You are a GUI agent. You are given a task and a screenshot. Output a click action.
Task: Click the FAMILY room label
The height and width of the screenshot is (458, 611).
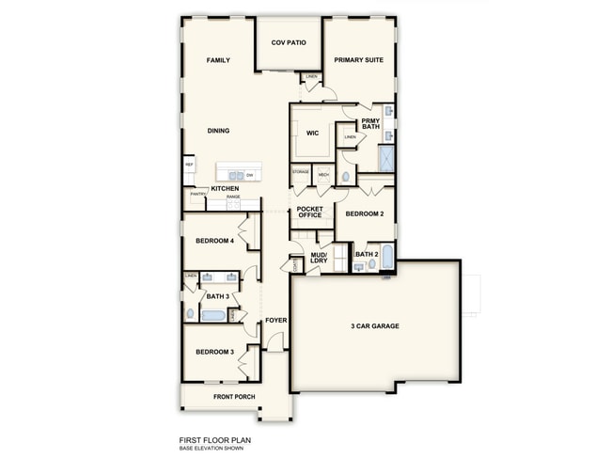click(218, 60)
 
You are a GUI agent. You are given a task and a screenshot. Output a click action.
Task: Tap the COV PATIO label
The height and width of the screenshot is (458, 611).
click(289, 43)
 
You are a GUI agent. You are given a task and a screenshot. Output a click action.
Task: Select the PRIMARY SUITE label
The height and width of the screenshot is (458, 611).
click(358, 60)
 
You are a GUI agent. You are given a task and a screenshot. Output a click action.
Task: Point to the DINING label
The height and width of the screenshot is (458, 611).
click(218, 131)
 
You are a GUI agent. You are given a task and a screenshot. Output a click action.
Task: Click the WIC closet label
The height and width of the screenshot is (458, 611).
click(312, 133)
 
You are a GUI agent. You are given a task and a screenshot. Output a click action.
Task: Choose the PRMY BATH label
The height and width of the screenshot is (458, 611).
click(370, 123)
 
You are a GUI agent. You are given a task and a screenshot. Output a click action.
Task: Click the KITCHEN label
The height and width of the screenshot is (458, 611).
click(225, 189)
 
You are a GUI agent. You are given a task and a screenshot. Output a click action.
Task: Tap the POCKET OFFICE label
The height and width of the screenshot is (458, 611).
click(309, 212)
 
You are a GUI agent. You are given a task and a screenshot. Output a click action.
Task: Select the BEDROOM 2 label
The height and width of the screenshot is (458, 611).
click(364, 213)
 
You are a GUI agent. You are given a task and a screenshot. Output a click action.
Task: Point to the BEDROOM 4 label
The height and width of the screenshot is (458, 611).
click(214, 242)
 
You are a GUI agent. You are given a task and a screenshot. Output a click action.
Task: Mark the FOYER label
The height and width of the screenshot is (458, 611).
click(275, 320)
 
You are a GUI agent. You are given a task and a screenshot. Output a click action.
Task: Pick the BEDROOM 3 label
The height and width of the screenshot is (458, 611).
click(214, 352)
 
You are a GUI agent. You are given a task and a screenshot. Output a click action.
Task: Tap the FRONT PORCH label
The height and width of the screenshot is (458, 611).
click(234, 397)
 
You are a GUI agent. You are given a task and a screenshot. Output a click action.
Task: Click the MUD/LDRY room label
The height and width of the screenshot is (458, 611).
click(319, 258)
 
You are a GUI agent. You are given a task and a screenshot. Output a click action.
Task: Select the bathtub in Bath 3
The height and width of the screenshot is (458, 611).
click(213, 315)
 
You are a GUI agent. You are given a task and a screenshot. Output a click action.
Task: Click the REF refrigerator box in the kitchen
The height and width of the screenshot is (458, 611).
click(189, 166)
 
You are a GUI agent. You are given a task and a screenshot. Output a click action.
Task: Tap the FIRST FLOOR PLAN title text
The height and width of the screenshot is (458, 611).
click(215, 439)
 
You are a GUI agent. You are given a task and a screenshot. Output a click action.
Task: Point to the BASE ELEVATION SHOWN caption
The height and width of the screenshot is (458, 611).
click(211, 448)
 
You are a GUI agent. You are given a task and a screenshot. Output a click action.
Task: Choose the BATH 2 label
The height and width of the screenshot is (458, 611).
click(367, 254)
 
